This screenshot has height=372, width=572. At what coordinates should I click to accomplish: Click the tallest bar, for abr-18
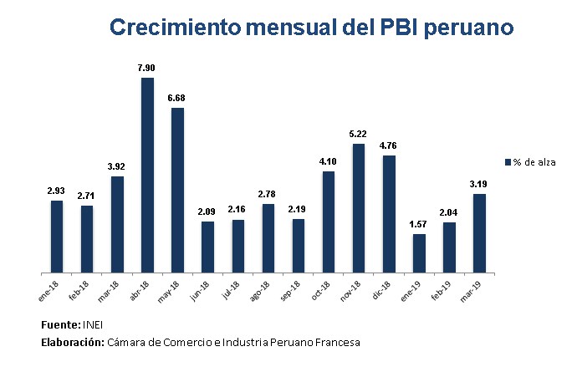147,176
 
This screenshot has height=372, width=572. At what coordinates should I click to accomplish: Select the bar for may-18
177,191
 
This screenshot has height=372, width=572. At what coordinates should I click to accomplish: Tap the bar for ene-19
419,253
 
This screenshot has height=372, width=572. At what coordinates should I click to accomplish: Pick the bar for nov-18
359,208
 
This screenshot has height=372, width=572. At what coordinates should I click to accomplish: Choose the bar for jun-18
207,247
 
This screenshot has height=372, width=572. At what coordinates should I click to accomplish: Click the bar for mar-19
479,233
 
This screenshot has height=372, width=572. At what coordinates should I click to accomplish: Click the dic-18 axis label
386,289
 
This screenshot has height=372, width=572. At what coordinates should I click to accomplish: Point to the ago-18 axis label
265,290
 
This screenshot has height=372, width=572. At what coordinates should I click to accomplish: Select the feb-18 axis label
84,290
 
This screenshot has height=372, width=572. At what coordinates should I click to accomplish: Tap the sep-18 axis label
295,290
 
